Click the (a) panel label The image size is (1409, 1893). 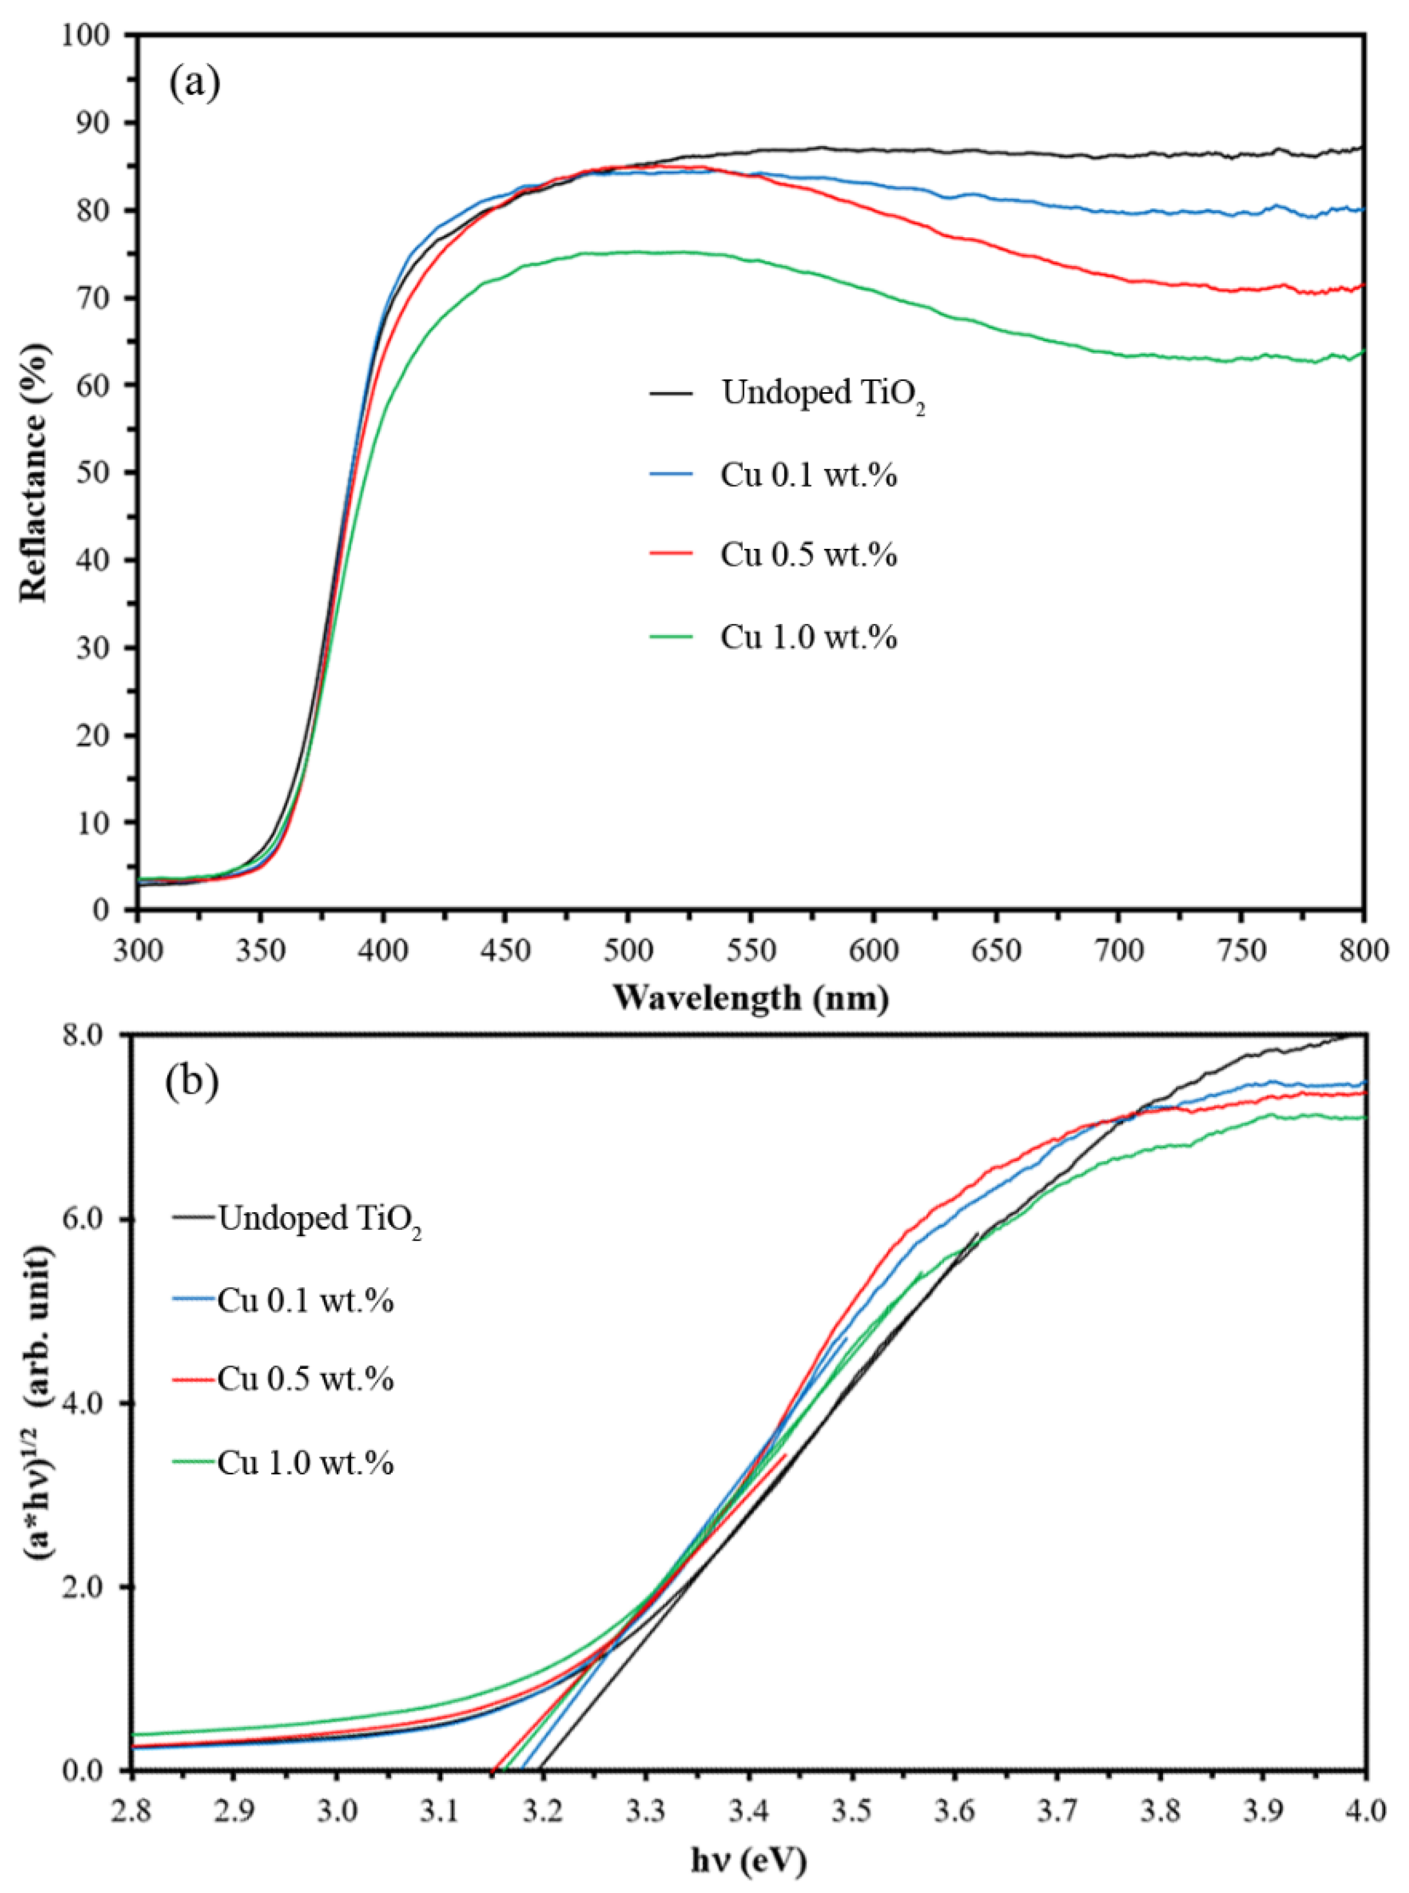(194, 83)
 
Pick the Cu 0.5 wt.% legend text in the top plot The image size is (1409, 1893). (808, 555)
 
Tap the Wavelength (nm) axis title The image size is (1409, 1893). (750, 998)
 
